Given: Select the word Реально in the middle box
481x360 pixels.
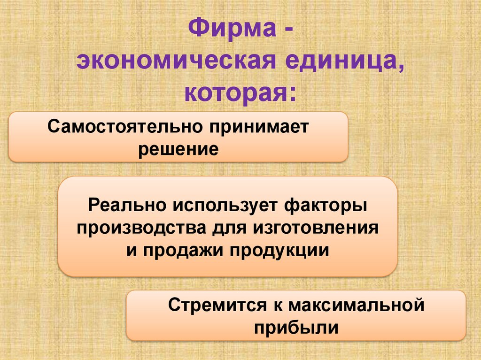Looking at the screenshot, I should click(x=127, y=205).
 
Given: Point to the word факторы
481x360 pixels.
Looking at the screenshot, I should click(x=325, y=205).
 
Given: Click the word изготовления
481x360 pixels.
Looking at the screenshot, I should click(x=316, y=228).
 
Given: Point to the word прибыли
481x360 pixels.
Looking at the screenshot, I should click(x=295, y=327).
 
